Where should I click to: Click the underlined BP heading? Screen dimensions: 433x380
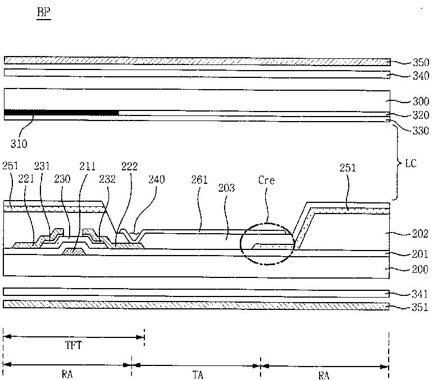point(44,12)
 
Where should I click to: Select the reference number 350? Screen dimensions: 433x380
point(421,63)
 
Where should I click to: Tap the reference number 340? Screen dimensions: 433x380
point(421,76)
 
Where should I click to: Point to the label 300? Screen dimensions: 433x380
point(421,101)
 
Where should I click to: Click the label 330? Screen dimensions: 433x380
point(421,131)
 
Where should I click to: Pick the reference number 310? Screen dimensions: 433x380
point(19,143)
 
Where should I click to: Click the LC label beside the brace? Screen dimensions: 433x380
point(411,164)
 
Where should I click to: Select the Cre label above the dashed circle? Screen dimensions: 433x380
point(266,180)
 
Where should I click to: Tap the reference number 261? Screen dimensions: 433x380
point(199,180)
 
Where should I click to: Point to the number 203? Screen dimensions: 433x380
point(226,188)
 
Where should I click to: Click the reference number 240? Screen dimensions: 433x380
point(157,179)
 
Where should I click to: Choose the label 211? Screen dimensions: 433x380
point(87,166)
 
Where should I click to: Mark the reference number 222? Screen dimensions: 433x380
point(130,166)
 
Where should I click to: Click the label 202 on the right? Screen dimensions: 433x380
point(420,234)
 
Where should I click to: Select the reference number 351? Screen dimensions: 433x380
point(420,307)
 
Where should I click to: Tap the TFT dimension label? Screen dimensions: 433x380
point(74,345)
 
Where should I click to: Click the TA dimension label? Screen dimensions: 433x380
point(198,375)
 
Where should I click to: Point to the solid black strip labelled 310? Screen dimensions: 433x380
point(61,113)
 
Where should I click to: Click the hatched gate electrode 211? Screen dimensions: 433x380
point(74,251)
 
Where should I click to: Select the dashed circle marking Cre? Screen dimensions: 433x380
point(240,244)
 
